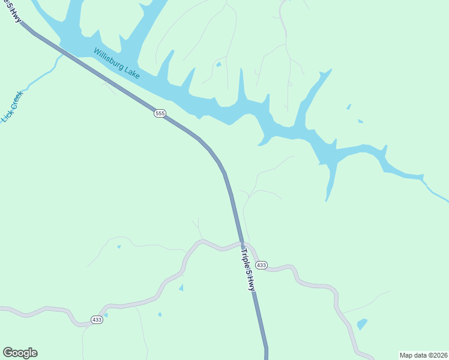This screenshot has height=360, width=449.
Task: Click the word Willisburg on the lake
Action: [110, 59]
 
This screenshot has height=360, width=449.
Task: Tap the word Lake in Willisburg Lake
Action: [132, 71]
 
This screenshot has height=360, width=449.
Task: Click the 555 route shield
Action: [160, 113]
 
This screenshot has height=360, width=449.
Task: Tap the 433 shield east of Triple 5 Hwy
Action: [261, 265]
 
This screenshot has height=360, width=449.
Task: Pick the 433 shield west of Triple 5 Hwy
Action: [97, 320]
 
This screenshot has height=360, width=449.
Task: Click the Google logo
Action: [20, 353]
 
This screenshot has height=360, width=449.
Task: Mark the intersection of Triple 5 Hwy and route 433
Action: [243, 244]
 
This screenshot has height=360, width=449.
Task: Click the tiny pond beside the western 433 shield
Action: [106, 314]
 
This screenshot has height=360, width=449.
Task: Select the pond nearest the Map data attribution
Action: [361, 325]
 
